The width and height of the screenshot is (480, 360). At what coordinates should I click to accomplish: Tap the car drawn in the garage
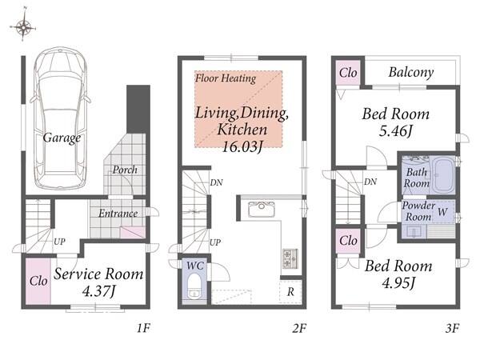coord(60,118)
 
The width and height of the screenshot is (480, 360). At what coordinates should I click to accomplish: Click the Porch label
coord(125,170)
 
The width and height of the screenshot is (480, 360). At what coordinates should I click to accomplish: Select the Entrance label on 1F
coord(118,213)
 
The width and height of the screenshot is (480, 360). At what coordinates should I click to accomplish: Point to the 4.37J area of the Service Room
coord(98,291)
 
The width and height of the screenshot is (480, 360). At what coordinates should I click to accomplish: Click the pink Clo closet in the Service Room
coord(38,282)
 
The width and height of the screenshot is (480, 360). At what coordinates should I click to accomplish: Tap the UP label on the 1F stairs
coord(59,242)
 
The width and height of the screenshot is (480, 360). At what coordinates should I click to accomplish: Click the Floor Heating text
coord(226,78)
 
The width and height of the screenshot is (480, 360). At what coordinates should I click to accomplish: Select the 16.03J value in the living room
coord(242,147)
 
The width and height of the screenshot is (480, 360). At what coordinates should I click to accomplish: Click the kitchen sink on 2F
coord(262,209)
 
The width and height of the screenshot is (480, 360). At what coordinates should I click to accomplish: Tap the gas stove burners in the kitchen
coord(290,258)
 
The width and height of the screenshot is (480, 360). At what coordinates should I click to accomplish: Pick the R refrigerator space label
coord(290,292)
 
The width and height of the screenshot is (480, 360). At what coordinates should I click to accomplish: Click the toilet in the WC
coord(194,286)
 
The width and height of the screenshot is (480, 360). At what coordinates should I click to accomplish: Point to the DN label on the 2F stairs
coord(217,182)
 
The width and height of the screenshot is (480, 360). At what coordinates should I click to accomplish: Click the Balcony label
coord(411,73)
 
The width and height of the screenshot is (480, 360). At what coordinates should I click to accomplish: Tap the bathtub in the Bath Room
coord(443,175)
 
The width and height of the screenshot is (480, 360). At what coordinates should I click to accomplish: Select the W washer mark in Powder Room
coord(442,211)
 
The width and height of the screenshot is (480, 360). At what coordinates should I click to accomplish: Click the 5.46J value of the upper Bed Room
coord(395,131)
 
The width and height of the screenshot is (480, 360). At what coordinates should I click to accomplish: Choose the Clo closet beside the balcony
coord(348,73)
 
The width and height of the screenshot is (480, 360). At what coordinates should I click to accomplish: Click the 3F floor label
coord(452,329)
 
